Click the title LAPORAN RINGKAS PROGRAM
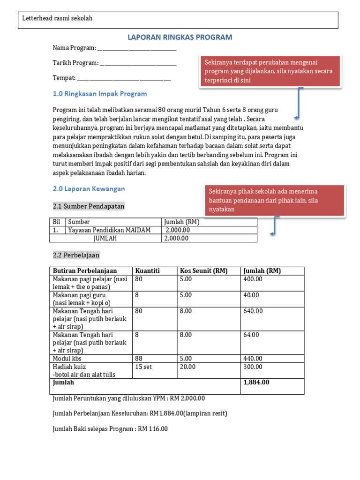pos(180,37)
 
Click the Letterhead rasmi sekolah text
pos(58,18)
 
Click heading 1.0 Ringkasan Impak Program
pos(100,94)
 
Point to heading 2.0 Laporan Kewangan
pos(89,188)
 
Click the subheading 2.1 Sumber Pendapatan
pos(89,206)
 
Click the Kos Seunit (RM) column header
pos(201,270)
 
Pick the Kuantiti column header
pos(147,270)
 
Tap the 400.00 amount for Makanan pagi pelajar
pos(253,279)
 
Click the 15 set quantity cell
pos(143,367)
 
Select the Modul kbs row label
pos(67,359)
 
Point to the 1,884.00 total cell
pos(256,382)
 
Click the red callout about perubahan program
pos(270,71)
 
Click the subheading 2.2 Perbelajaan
pos(76,255)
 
